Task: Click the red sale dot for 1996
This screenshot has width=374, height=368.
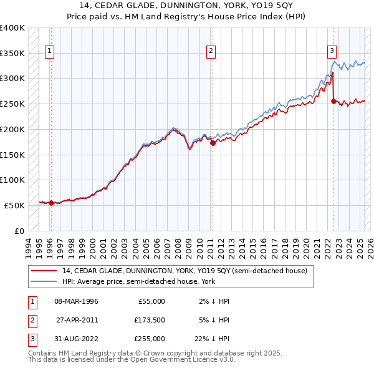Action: (x=50, y=202)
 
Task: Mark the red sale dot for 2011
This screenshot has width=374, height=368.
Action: (x=213, y=142)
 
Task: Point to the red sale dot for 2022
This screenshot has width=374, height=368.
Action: (x=333, y=101)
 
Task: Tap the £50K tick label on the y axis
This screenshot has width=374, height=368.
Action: (x=15, y=205)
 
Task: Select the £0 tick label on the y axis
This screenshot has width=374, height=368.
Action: (x=19, y=231)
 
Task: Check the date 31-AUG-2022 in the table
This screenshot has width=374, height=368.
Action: (x=76, y=339)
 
